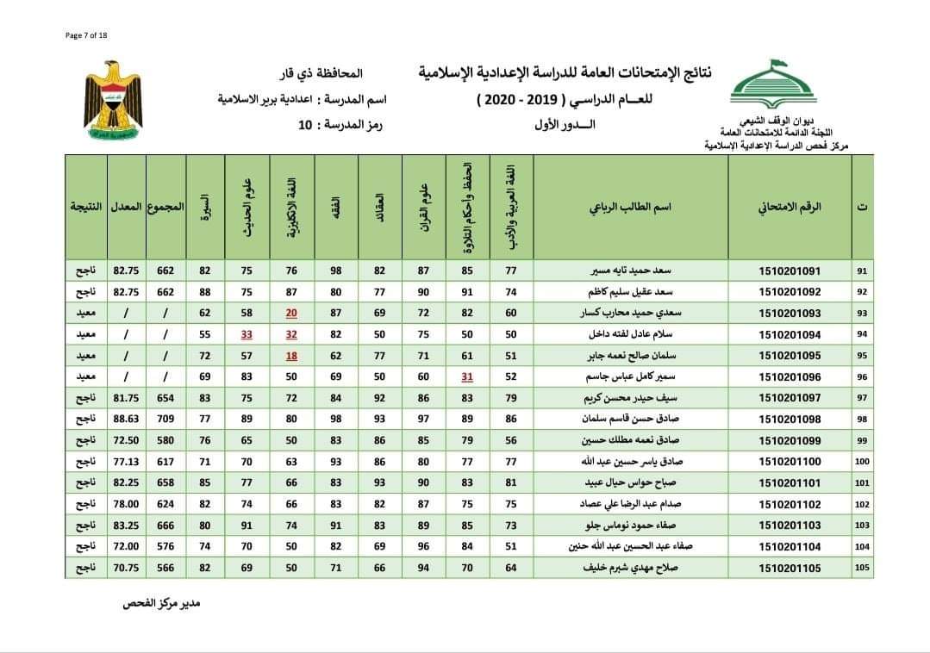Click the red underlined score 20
[291, 313]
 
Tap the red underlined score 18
[291, 355]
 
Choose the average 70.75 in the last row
[126, 568]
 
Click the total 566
[165, 568]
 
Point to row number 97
[861, 397]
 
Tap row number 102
[861, 504]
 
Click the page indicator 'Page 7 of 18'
[85, 34]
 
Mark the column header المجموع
[165, 208]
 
